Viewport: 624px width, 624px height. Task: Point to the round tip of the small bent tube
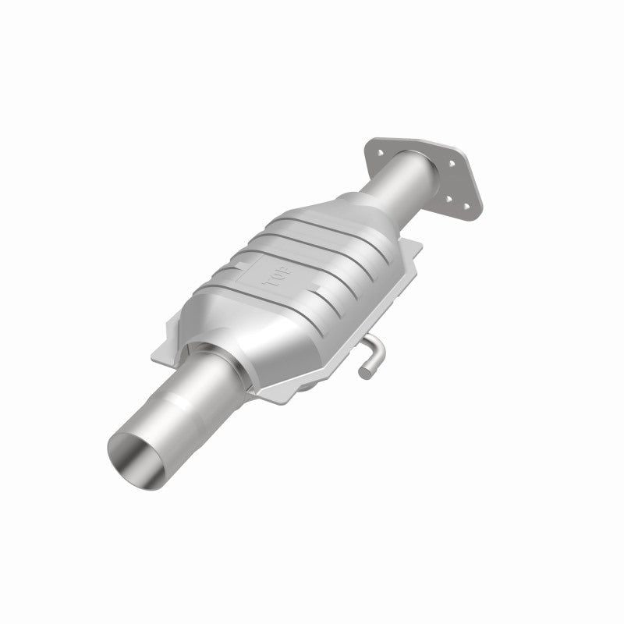363,372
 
